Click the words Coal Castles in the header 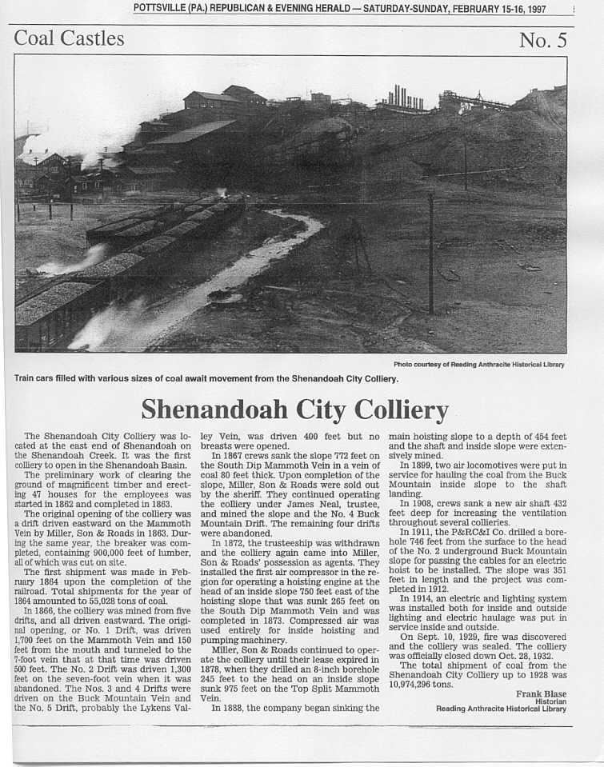click(70, 38)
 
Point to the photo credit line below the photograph click(478, 365)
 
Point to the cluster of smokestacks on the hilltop click(406, 98)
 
